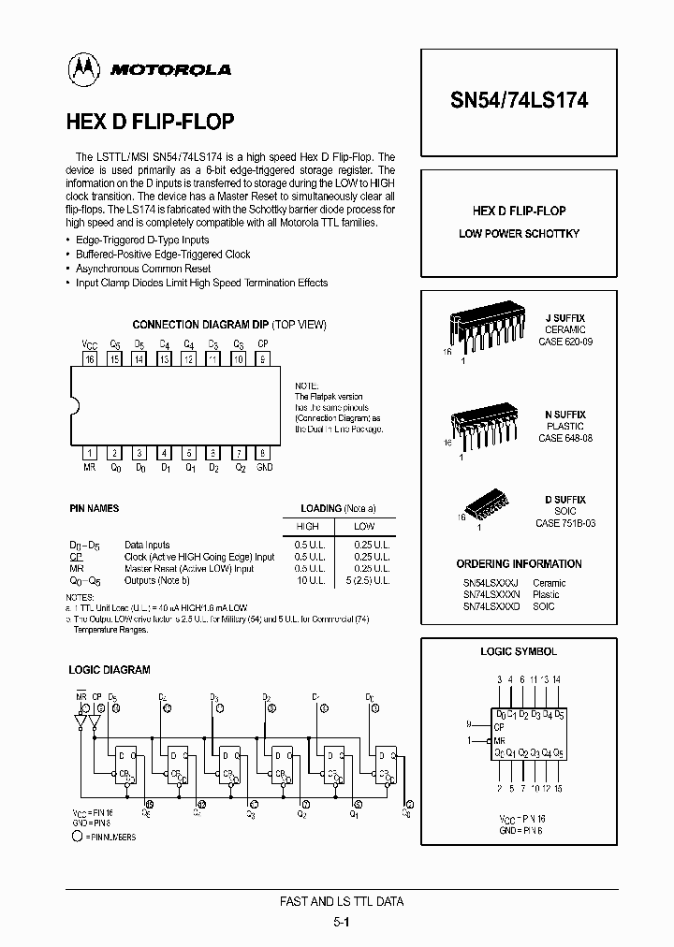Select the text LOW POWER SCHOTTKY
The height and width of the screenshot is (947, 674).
click(519, 233)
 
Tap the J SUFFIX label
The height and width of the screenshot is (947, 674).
click(564, 319)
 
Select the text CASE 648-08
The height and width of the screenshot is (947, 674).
click(564, 438)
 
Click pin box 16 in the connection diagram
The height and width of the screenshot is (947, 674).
click(90, 358)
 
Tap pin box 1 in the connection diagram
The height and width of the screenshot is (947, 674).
click(90, 454)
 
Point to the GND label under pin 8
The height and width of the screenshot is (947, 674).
click(264, 467)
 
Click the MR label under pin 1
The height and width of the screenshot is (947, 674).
click(90, 467)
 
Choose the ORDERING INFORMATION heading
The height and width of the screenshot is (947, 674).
click(519, 564)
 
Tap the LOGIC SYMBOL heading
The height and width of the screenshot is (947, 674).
click(519, 651)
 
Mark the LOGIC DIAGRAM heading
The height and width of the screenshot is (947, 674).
click(110, 670)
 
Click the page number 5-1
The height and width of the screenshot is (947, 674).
click(342, 921)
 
